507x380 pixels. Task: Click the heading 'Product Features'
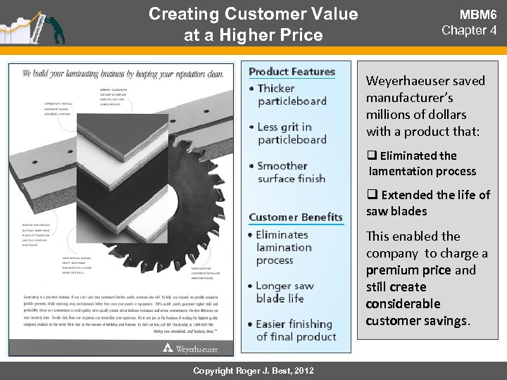tap(292, 71)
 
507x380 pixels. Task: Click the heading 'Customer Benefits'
tap(296, 217)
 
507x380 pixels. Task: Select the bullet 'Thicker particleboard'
tap(291, 94)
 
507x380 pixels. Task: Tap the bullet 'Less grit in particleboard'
tap(291, 133)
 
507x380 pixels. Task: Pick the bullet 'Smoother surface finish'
tap(291, 172)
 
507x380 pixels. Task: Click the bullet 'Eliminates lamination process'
tap(284, 247)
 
